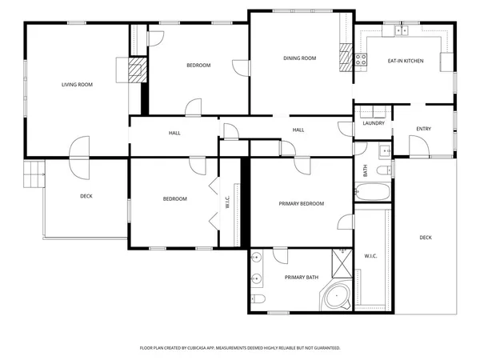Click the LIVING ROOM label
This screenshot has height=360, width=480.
point(78,84)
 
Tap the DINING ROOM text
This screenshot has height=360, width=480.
point(300,58)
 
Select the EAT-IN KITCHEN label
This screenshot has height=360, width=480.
point(406,61)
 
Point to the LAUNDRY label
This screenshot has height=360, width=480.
point(374,123)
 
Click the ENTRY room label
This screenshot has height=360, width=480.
point(423,129)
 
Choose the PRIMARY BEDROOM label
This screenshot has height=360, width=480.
point(302,204)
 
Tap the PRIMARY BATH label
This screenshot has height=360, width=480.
point(302,278)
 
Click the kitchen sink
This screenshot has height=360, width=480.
point(401,31)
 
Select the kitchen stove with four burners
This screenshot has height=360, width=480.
point(361,58)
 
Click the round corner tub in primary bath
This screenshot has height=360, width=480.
point(338,297)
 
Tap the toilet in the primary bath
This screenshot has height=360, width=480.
point(258,300)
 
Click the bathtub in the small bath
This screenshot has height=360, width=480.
point(372,193)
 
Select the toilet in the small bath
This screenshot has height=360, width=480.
point(383,168)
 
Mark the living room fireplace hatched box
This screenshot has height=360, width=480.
point(137,69)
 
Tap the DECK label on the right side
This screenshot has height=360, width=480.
point(426,238)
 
